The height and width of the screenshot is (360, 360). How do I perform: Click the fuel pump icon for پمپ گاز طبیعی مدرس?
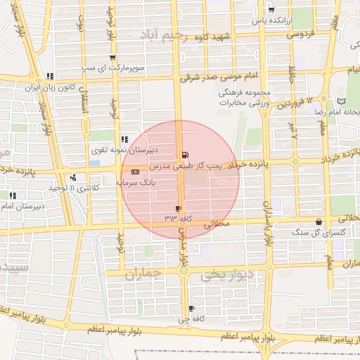185,155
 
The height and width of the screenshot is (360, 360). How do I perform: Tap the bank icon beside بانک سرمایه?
135,171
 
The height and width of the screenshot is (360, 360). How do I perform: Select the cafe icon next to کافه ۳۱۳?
178,208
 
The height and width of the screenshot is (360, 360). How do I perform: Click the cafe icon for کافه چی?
191,309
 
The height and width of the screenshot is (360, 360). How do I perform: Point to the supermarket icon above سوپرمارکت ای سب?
112,58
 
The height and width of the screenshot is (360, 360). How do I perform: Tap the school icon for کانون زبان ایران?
49,77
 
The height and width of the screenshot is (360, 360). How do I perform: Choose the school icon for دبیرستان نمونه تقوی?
124,139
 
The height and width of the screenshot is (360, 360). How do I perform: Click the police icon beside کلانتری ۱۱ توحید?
73,177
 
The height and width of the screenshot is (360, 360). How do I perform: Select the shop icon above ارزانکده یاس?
271,10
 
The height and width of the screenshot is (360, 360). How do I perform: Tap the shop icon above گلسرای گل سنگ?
319,222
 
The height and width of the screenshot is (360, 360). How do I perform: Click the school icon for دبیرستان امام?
13,195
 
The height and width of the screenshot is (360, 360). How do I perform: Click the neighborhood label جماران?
143,274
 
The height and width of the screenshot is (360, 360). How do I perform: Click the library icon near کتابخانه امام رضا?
342,101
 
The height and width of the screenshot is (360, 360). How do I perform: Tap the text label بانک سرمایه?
135,182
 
